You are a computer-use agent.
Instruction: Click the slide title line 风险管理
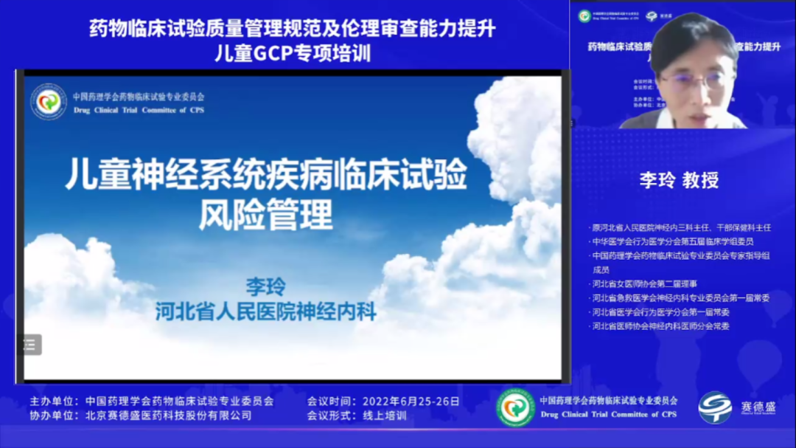[x=266, y=215]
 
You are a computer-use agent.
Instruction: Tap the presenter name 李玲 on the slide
[x=265, y=286]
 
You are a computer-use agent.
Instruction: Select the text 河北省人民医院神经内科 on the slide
[x=265, y=311]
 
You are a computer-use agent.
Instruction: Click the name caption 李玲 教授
[x=679, y=180]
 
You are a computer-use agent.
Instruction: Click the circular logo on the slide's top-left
[x=49, y=102]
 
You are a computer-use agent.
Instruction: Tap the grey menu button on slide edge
[x=30, y=344]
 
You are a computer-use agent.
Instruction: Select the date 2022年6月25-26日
[x=411, y=402]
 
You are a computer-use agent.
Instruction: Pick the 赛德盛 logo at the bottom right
[x=733, y=407]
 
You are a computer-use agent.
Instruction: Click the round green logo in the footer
[x=515, y=408]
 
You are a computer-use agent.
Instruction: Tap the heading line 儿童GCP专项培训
[x=293, y=53]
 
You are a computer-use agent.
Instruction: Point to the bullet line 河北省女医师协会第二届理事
[x=644, y=283]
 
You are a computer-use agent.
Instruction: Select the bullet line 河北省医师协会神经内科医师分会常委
[x=660, y=325]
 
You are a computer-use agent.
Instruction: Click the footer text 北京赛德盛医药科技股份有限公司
[x=169, y=416]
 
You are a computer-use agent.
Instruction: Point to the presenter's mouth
[x=688, y=108]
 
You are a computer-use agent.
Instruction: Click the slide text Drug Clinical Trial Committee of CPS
[x=139, y=110]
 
